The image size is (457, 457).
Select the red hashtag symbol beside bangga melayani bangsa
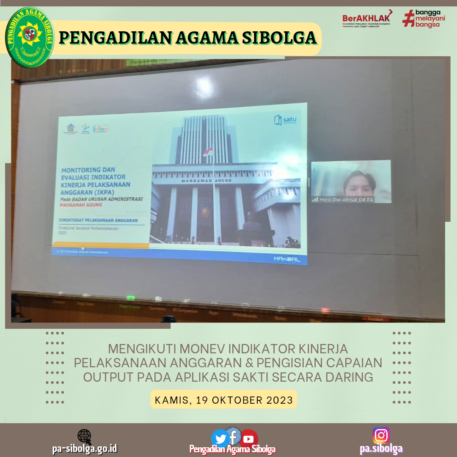coord(408,19)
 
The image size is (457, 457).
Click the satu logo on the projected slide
coord(285,119)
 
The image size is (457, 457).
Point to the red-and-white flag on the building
coord(208,151)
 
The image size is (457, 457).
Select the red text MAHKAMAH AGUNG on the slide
coord(81,205)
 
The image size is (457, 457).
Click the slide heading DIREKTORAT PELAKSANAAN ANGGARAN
coord(99,220)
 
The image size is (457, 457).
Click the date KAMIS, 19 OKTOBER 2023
coord(224,400)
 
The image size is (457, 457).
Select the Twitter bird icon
coord(220,438)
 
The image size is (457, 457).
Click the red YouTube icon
coord(248,439)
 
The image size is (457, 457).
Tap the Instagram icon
coord(381,435)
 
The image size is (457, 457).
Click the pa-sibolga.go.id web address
coord(85,449)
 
